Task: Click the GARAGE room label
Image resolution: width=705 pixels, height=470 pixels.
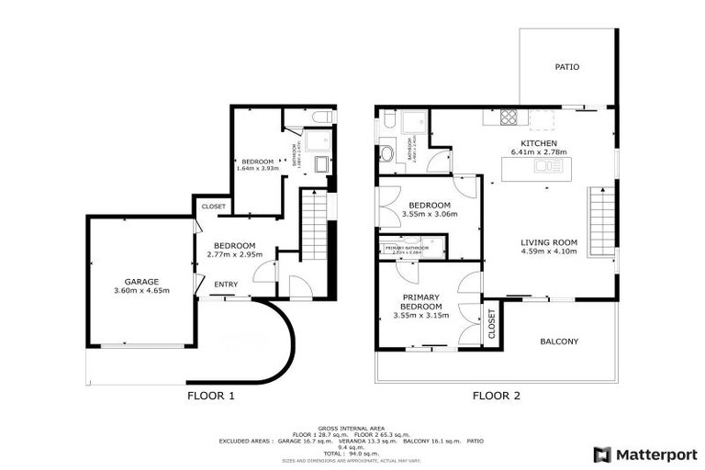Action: (x=142, y=281)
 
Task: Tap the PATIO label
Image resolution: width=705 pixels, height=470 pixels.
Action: (x=566, y=67)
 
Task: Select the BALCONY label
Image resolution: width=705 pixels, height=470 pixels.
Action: (x=559, y=341)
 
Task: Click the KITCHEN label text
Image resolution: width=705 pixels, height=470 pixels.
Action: (x=539, y=143)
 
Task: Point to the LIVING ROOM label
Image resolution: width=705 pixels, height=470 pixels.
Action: (x=549, y=241)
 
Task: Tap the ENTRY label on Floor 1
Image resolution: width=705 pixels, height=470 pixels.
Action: (x=226, y=285)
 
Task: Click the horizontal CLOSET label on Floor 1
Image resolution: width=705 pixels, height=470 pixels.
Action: (x=212, y=207)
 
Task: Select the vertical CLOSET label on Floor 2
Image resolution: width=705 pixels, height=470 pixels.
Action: (x=491, y=324)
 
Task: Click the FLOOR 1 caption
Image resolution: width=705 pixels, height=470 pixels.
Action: (x=212, y=397)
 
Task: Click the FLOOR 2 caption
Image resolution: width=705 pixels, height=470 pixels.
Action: (x=497, y=397)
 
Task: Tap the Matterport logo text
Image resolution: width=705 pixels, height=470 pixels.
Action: (x=656, y=453)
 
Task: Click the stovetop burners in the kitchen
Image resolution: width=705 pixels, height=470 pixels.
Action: (x=508, y=117)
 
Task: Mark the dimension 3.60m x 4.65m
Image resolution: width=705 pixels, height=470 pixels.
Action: (x=142, y=291)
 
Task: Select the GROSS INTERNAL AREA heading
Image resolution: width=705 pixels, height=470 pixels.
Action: (x=352, y=428)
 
